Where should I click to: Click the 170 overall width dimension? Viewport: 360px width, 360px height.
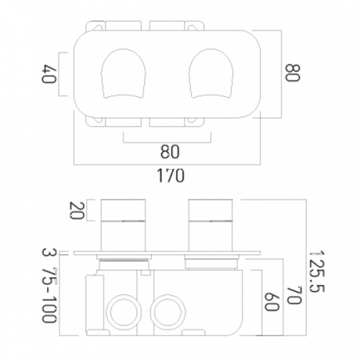(171, 175)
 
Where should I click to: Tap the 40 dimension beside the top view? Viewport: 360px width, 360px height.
(49, 73)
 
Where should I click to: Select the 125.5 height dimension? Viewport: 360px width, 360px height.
(316, 271)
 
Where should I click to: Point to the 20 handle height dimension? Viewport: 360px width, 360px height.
(76, 210)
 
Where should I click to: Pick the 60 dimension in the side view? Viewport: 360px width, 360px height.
(271, 302)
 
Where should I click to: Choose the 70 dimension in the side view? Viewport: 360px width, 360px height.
(294, 294)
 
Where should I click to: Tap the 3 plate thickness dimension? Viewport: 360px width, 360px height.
(49, 252)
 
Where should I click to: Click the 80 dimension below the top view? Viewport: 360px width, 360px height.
(170, 152)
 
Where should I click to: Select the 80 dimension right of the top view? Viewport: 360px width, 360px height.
(292, 73)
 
